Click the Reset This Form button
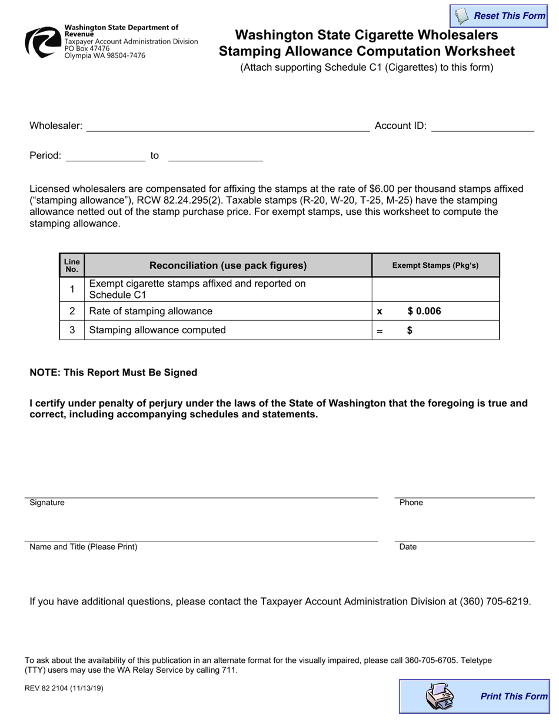point(499,16)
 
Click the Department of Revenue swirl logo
point(42,42)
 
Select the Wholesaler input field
point(228,125)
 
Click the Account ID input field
point(483,125)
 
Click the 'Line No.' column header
point(72,265)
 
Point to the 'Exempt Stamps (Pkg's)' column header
point(435,265)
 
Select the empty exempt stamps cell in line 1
point(435,289)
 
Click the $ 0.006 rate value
point(424,311)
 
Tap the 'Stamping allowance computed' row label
point(157,330)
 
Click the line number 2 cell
point(72,311)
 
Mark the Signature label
point(47,503)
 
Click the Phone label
point(411,503)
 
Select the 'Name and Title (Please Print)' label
point(84,547)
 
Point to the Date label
point(408,547)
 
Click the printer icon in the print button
point(439,696)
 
